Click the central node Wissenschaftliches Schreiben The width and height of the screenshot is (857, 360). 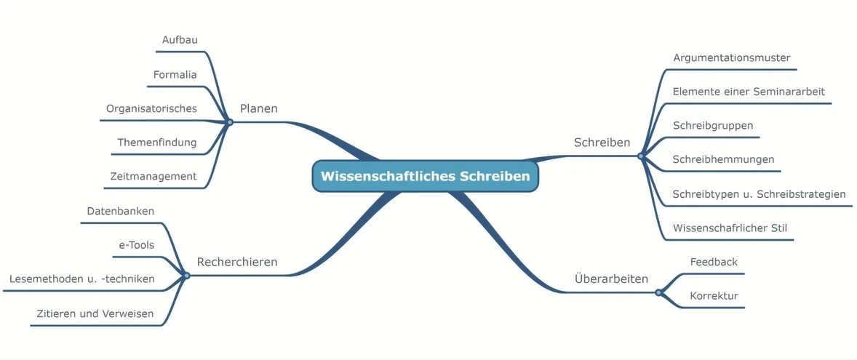pyautogui.click(x=425, y=177)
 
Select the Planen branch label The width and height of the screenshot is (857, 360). pyautogui.click(x=258, y=108)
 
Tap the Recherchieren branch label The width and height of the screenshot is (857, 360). pyautogui.click(x=236, y=263)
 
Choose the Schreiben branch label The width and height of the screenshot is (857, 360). pyautogui.click(x=602, y=143)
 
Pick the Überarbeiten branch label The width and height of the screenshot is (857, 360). pyautogui.click(x=612, y=279)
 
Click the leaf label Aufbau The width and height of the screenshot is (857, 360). pyautogui.click(x=179, y=40)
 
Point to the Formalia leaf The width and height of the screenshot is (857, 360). pyautogui.click(x=175, y=74)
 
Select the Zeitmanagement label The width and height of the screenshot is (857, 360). pyautogui.click(x=154, y=177)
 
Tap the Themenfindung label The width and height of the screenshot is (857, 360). pyautogui.click(x=157, y=143)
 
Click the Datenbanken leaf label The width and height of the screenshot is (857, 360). pyautogui.click(x=121, y=211)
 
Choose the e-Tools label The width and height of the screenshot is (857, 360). pyautogui.click(x=137, y=245)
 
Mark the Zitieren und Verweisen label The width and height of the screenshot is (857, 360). pyautogui.click(x=95, y=313)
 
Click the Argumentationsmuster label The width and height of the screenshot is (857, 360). pyautogui.click(x=732, y=58)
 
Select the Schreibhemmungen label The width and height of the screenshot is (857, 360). pyautogui.click(x=724, y=159)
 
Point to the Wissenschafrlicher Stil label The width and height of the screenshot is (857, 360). pyautogui.click(x=730, y=228)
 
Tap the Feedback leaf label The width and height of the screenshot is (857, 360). pyautogui.click(x=714, y=263)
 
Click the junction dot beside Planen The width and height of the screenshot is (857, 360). pyautogui.click(x=230, y=122)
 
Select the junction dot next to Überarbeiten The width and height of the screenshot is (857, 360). pyautogui.click(x=658, y=293)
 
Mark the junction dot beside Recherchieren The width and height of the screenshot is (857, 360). pyautogui.click(x=187, y=276)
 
